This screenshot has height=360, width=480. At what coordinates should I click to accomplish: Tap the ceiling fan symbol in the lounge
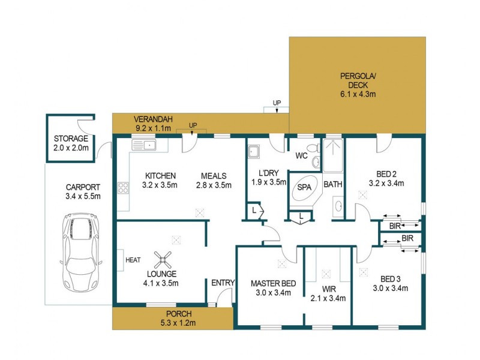[162, 260]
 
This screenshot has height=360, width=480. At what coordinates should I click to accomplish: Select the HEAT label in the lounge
[133, 260]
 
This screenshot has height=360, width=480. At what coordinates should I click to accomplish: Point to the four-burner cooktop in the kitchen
[124, 187]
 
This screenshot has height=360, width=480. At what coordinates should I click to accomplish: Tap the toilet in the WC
[311, 148]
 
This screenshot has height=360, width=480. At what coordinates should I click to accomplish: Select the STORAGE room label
[70, 139]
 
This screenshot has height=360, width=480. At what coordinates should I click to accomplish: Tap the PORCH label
[179, 314]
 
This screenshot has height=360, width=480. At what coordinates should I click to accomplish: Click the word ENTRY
[223, 283]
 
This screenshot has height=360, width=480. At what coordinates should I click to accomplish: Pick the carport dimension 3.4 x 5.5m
[82, 196]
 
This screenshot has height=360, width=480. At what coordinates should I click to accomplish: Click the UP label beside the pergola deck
[277, 103]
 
